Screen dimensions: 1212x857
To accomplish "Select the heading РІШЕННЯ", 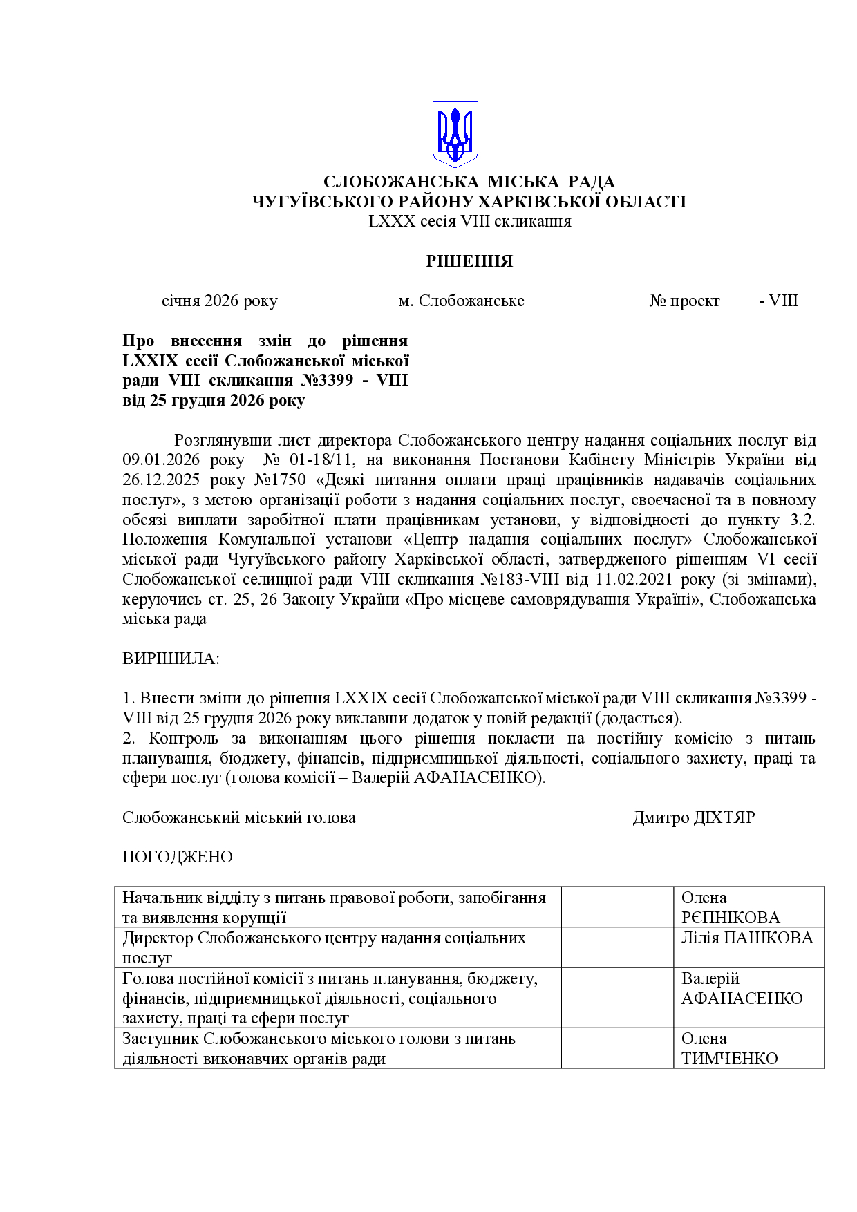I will pyautogui.click(x=469, y=261).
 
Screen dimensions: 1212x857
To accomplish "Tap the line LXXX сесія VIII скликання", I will pyautogui.click(x=469, y=221).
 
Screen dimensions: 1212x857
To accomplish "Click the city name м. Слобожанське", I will pyautogui.click(x=461, y=301).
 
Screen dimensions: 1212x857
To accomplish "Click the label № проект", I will pyautogui.click(x=684, y=301).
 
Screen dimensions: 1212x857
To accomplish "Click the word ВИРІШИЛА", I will pyautogui.click(x=170, y=659).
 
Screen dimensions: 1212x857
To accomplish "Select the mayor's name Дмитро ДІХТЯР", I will pyautogui.click(x=693, y=818).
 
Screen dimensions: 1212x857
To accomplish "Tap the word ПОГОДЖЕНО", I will pyautogui.click(x=178, y=858).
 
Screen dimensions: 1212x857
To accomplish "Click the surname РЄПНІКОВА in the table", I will pyautogui.click(x=731, y=918).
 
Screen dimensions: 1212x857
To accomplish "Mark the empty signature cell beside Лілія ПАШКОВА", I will pyautogui.click(x=617, y=947).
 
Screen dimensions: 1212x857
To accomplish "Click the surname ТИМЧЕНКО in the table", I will pyautogui.click(x=729, y=1059).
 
